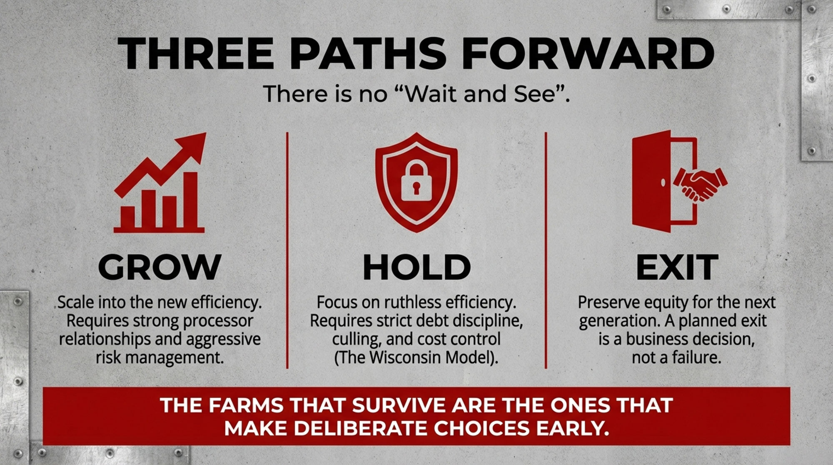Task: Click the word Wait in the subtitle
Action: click(431, 94)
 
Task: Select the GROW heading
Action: click(160, 267)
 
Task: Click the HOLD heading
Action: click(416, 267)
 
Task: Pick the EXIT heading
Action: click(677, 267)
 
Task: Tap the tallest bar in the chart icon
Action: click(191, 200)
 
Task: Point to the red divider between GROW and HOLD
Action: click(287, 250)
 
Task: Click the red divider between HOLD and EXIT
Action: click(546, 250)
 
